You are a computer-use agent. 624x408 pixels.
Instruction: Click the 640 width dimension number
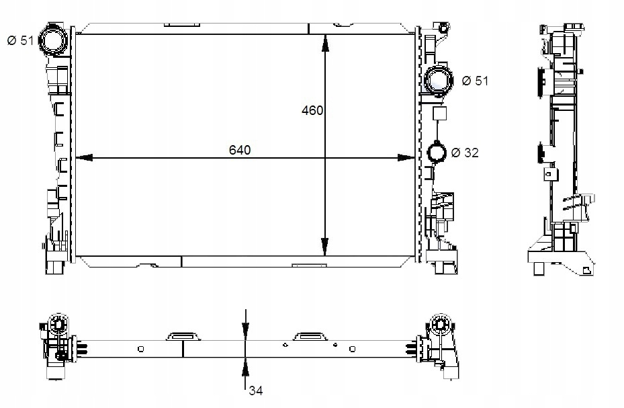tap(240, 150)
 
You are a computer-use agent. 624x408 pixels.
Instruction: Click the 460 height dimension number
tap(312, 110)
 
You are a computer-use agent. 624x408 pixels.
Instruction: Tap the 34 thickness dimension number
tap(256, 391)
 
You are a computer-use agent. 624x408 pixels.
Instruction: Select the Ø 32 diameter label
tap(465, 153)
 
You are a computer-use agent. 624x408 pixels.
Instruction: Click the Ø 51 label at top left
tap(21, 40)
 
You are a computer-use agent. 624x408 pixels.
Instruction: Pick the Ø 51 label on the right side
tap(475, 81)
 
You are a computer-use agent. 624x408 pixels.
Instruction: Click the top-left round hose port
tap(52, 39)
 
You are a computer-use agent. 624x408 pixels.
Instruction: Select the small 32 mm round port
tap(437, 152)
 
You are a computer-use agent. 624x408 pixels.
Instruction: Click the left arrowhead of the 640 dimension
tap(84, 158)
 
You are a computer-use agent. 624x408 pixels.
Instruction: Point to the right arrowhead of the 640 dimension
tap(406, 158)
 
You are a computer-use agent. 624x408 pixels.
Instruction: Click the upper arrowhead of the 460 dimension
tap(325, 43)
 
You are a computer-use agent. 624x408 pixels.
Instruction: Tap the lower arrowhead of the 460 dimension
tap(325, 247)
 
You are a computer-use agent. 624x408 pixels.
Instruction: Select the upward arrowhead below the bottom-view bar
tap(246, 366)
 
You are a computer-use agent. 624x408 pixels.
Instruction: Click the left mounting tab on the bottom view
tap(183, 336)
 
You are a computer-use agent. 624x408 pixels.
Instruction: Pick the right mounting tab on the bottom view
tap(310, 336)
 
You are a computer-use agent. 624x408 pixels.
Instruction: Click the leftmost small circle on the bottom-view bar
tap(140, 349)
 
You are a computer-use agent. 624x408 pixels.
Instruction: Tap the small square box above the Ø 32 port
tap(439, 114)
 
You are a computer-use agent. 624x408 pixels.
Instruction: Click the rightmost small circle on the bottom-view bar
tap(352, 349)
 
